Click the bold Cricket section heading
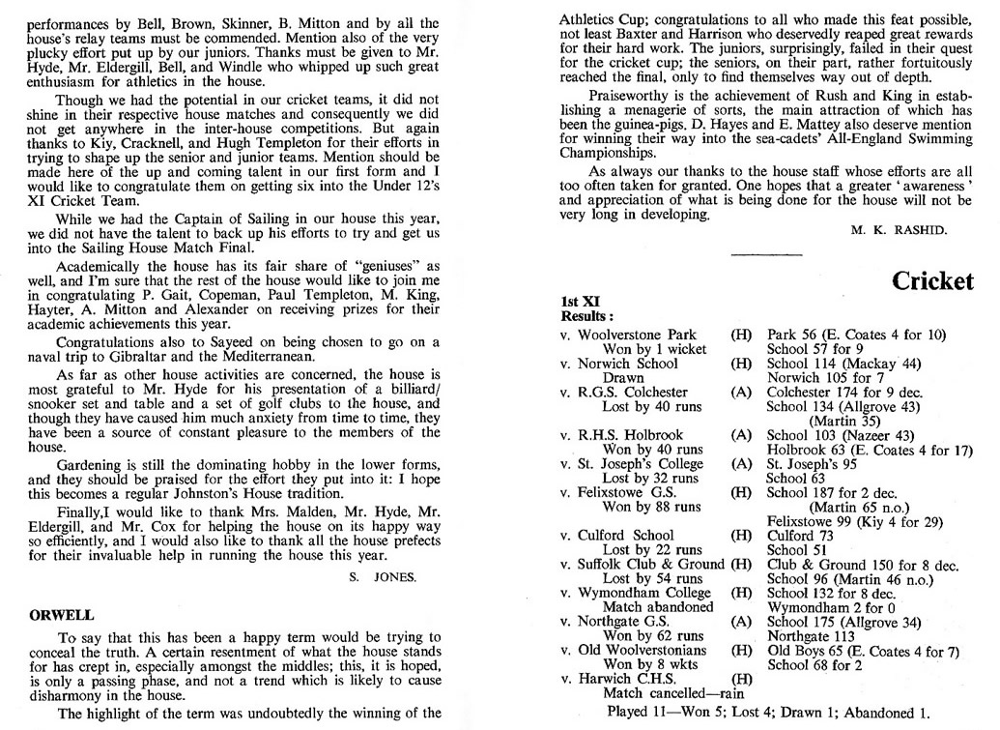click(932, 280)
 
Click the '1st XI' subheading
click(578, 303)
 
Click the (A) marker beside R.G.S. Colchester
click(741, 392)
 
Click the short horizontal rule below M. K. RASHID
click(760, 254)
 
